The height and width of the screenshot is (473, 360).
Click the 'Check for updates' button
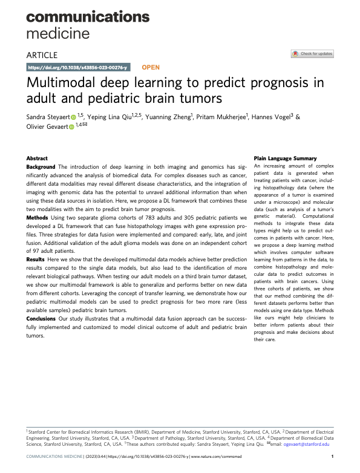coord(312,54)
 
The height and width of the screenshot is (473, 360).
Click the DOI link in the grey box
coord(78,67)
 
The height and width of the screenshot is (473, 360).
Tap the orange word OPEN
coord(151,67)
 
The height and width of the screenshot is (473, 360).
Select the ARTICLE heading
coord(42,55)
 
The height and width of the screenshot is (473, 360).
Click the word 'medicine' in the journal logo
coord(58,33)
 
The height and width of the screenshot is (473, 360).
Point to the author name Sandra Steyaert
coord(48,117)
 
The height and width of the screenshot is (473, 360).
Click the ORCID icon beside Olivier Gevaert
coord(72,127)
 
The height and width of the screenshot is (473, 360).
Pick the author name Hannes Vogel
coord(270,117)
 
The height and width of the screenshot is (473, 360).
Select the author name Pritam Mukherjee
coord(221,117)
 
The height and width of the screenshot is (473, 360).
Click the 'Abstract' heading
coord(37,158)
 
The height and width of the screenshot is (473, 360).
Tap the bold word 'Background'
coord(41,167)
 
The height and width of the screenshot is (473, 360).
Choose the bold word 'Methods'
coord(37,218)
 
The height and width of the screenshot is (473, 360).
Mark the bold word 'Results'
coord(35,259)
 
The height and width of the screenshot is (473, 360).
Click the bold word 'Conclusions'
coord(41,319)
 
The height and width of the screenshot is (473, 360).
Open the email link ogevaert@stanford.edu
coord(306,444)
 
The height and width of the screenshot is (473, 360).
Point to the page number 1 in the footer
coord(332,457)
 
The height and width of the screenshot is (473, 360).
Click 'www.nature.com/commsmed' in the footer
coord(217,457)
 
